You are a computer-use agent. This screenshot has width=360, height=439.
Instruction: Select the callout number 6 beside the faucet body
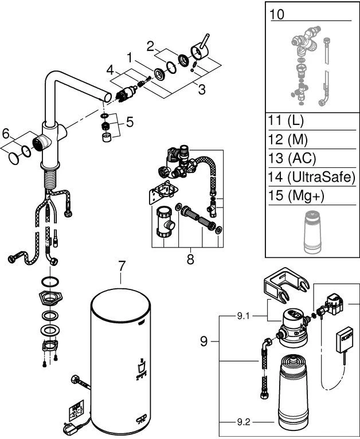point(6,133)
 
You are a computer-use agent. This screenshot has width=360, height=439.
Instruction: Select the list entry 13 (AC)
point(292,158)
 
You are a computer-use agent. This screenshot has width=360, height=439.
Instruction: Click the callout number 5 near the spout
point(130,121)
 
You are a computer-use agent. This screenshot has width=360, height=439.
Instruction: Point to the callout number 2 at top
point(150,45)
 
